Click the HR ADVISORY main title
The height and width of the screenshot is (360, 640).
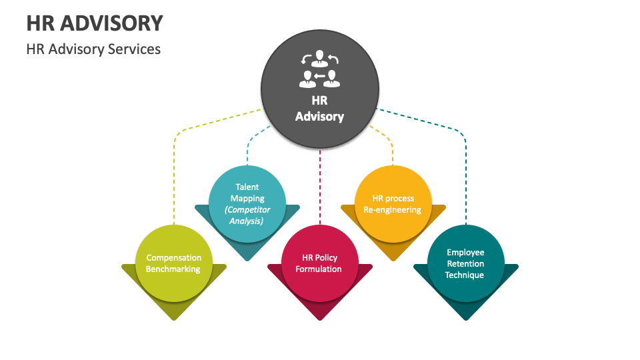click(x=95, y=23)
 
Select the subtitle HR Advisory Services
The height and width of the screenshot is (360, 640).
click(x=93, y=49)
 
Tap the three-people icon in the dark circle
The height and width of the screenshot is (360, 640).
click(x=319, y=69)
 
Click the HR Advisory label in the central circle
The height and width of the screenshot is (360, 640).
click(x=319, y=109)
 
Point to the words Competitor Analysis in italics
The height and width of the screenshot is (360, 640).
click(x=247, y=215)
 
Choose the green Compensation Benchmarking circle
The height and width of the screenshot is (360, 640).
click(x=173, y=263)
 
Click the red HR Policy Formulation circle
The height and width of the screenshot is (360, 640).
click(x=320, y=263)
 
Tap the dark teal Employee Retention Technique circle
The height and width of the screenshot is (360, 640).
click(x=465, y=263)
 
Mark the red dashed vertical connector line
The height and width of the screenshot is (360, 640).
click(x=320, y=187)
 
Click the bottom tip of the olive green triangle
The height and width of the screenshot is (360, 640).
click(x=174, y=319)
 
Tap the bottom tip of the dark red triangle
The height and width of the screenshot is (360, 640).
click(x=320, y=319)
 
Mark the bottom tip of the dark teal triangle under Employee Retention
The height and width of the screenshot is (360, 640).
click(x=465, y=319)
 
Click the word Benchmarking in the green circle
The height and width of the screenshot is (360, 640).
click(x=173, y=269)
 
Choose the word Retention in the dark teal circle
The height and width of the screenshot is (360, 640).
click(x=465, y=264)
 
